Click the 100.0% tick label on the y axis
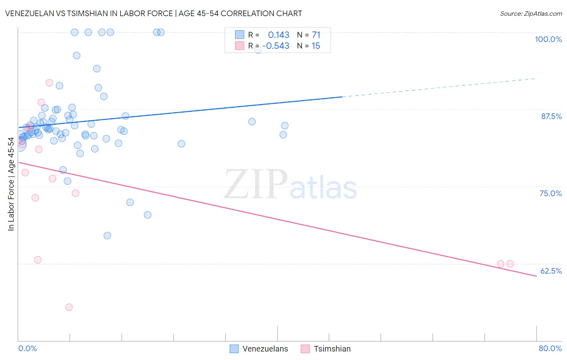(x=548, y=39)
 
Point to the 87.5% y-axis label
(x=551, y=116)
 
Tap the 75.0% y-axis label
(x=550, y=193)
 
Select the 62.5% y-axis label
(x=551, y=271)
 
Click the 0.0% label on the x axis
(x=27, y=348)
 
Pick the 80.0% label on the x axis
(x=550, y=348)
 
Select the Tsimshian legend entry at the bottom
(x=332, y=349)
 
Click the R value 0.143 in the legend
(x=279, y=35)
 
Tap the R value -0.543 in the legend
(x=276, y=46)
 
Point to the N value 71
(x=316, y=35)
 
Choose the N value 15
(x=316, y=46)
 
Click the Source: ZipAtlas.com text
(x=531, y=13)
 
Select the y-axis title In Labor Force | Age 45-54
(x=11, y=184)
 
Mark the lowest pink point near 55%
(x=69, y=307)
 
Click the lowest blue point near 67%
(x=107, y=236)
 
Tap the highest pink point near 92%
(x=49, y=83)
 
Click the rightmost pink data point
(x=510, y=264)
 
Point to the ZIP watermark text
(x=256, y=185)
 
